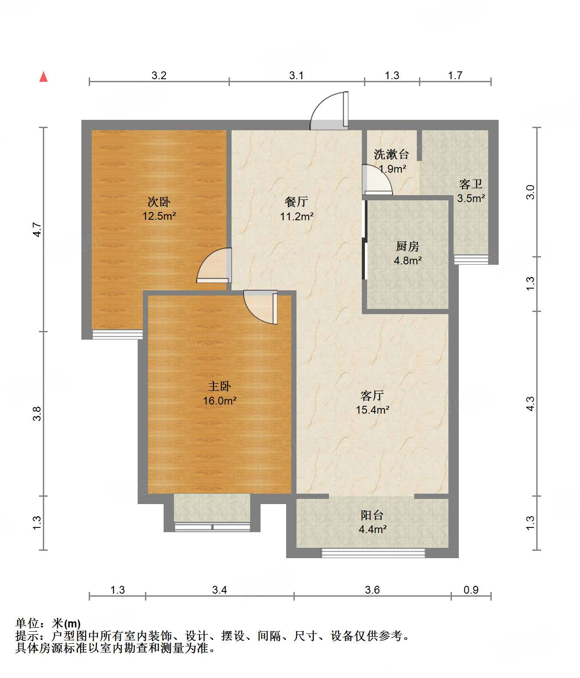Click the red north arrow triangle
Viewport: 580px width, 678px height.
pos(44,77)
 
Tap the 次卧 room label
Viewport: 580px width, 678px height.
pos(159,202)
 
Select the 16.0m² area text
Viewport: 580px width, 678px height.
pos(220,401)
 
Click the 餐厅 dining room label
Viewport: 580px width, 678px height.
pos(296,202)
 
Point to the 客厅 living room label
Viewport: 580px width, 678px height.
pos(372,395)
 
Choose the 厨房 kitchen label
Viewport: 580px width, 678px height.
pos(407,246)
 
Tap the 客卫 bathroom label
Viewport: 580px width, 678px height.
pos(471,184)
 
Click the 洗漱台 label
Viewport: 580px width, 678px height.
pos(391,154)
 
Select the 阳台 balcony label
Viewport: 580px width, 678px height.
pos(372,515)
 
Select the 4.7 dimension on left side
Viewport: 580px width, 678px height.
pos(37,229)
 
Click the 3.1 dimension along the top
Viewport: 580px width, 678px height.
pos(296,76)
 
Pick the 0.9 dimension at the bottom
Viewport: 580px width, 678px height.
pos(471,590)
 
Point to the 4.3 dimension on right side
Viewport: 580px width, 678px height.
pos(530,403)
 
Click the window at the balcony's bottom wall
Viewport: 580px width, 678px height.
pos(373,553)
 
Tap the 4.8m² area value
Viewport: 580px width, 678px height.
pos(408,260)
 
